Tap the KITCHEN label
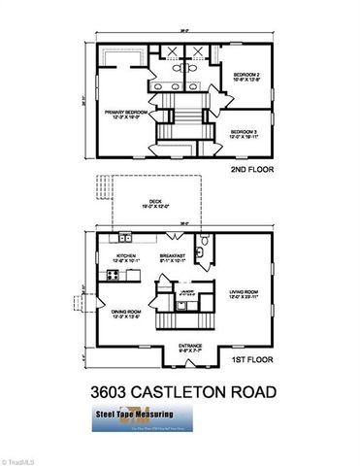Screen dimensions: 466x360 click(x=128, y=257)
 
